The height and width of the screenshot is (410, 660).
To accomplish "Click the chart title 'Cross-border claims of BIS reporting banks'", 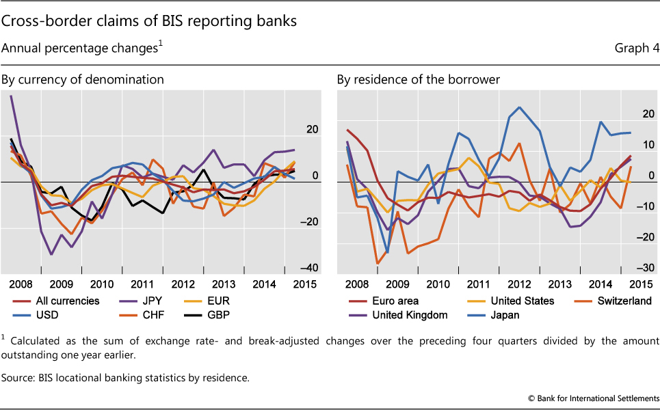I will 149,21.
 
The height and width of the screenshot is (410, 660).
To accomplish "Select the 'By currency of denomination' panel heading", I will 83,79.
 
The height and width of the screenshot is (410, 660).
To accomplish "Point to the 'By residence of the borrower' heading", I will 418,79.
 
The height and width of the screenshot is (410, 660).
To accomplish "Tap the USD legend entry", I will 47,315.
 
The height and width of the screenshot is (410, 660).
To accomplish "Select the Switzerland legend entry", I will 623,301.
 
